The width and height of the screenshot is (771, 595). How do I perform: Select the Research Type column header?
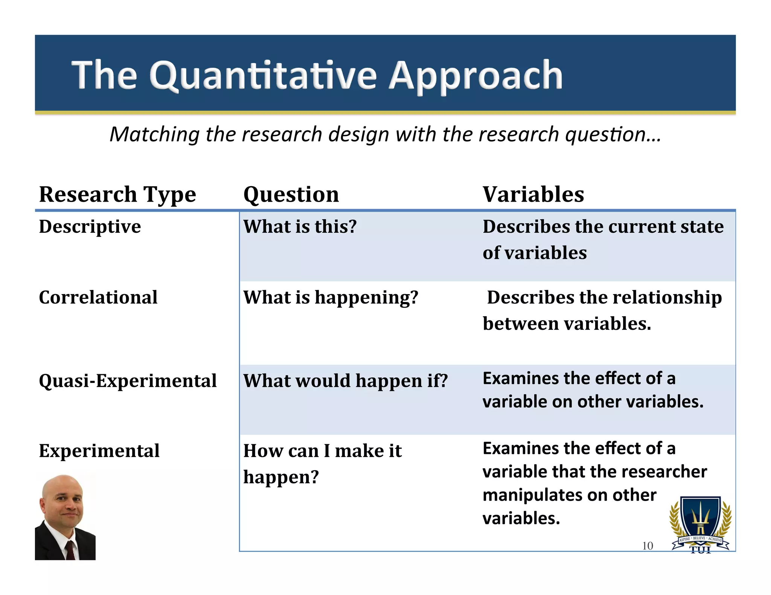point(117,194)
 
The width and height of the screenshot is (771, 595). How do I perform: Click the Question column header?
point(291,194)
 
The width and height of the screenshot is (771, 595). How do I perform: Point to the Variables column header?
point(533,194)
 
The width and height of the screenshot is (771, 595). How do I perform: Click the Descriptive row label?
point(90,227)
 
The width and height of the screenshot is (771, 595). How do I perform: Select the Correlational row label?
point(98,297)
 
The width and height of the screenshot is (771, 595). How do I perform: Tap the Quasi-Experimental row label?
point(128,381)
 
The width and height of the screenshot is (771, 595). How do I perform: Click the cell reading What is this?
point(300,227)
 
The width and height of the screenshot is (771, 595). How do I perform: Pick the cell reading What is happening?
point(331,297)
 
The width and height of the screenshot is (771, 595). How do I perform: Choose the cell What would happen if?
point(345,381)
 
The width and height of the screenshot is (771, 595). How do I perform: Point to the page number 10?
point(647,546)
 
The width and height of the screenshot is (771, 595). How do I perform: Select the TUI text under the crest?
point(700,551)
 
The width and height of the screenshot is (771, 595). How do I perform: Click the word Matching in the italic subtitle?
point(154,134)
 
